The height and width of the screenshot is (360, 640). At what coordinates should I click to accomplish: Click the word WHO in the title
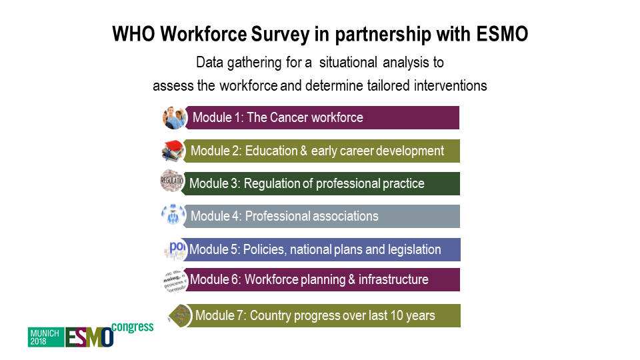tap(133, 34)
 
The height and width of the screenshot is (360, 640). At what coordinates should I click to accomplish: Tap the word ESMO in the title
tap(503, 34)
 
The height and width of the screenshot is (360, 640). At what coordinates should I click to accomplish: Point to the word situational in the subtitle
tap(348, 63)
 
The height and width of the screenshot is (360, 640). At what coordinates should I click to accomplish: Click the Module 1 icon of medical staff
tap(174, 117)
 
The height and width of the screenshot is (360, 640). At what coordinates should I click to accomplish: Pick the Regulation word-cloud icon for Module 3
tap(172, 181)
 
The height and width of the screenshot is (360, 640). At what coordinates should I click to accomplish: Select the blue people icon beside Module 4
tap(173, 215)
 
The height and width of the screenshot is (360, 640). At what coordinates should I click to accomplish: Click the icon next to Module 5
tap(175, 250)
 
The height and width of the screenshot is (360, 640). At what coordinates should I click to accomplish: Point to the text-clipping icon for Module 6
tap(175, 281)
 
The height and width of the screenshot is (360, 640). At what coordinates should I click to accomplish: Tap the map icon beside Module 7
tap(180, 315)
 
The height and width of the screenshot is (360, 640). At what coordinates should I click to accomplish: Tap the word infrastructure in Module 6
tap(393, 279)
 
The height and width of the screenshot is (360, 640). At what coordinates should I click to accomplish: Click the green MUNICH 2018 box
tap(46, 337)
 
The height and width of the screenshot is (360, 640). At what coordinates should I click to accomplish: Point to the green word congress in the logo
tap(132, 327)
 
